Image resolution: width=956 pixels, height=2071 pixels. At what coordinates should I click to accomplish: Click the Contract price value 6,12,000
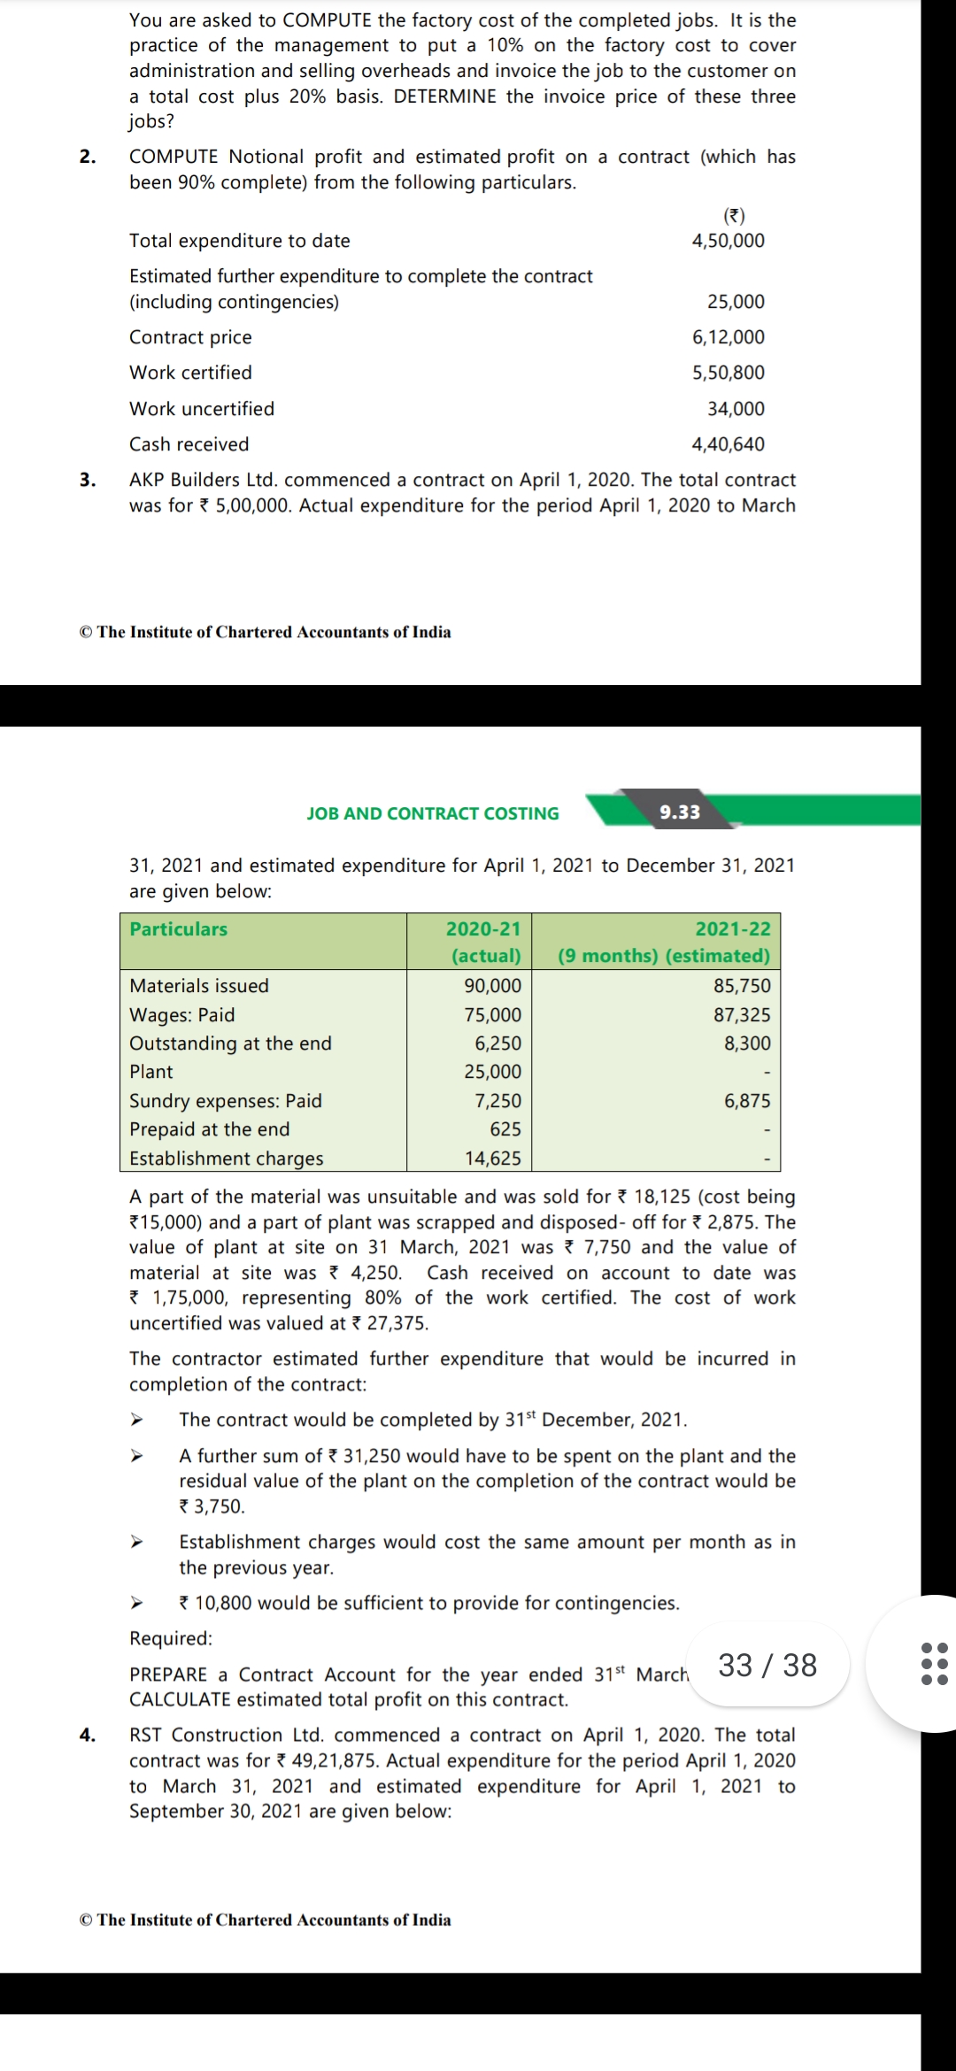pyautogui.click(x=728, y=337)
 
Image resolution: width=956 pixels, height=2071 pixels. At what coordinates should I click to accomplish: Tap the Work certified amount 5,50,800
pyautogui.click(x=728, y=373)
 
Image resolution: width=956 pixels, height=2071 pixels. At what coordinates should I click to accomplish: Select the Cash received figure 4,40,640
pyautogui.click(x=728, y=444)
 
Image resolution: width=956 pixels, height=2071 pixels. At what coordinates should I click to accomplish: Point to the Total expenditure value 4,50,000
pyautogui.click(x=728, y=241)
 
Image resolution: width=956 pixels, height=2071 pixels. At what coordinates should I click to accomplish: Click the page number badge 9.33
pyautogui.click(x=679, y=812)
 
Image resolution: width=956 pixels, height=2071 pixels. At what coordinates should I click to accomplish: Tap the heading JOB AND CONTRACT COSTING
pyautogui.click(x=433, y=813)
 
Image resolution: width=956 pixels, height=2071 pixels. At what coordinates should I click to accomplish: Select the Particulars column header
pyautogui.click(x=179, y=929)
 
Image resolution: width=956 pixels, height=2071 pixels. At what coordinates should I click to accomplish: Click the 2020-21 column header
pyautogui.click(x=483, y=929)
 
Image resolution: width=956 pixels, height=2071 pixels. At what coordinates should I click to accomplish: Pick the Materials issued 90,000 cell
pyautogui.click(x=493, y=986)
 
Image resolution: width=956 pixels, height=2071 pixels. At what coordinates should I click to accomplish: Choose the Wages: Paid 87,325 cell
pyautogui.click(x=742, y=1015)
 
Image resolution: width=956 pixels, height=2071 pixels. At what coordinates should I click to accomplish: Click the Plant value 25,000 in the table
pyautogui.click(x=493, y=1072)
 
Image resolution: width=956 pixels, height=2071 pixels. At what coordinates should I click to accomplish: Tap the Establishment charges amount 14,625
pyautogui.click(x=493, y=1159)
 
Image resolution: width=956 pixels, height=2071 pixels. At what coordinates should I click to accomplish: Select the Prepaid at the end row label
pyautogui.click(x=210, y=1129)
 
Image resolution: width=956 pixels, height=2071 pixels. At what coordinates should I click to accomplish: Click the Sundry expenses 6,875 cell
pyautogui.click(x=747, y=1101)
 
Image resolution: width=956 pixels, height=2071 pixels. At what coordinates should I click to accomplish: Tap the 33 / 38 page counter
pyautogui.click(x=767, y=1665)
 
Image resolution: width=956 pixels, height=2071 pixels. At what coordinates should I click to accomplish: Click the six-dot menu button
pyautogui.click(x=934, y=1663)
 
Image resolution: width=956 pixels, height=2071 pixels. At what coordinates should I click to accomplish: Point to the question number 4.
pyautogui.click(x=87, y=1735)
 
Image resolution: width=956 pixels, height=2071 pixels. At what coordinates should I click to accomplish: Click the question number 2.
pyautogui.click(x=87, y=157)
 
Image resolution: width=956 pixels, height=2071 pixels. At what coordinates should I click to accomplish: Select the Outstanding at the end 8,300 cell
pyautogui.click(x=747, y=1043)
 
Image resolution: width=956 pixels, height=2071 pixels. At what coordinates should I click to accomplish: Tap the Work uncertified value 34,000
pyautogui.click(x=736, y=409)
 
